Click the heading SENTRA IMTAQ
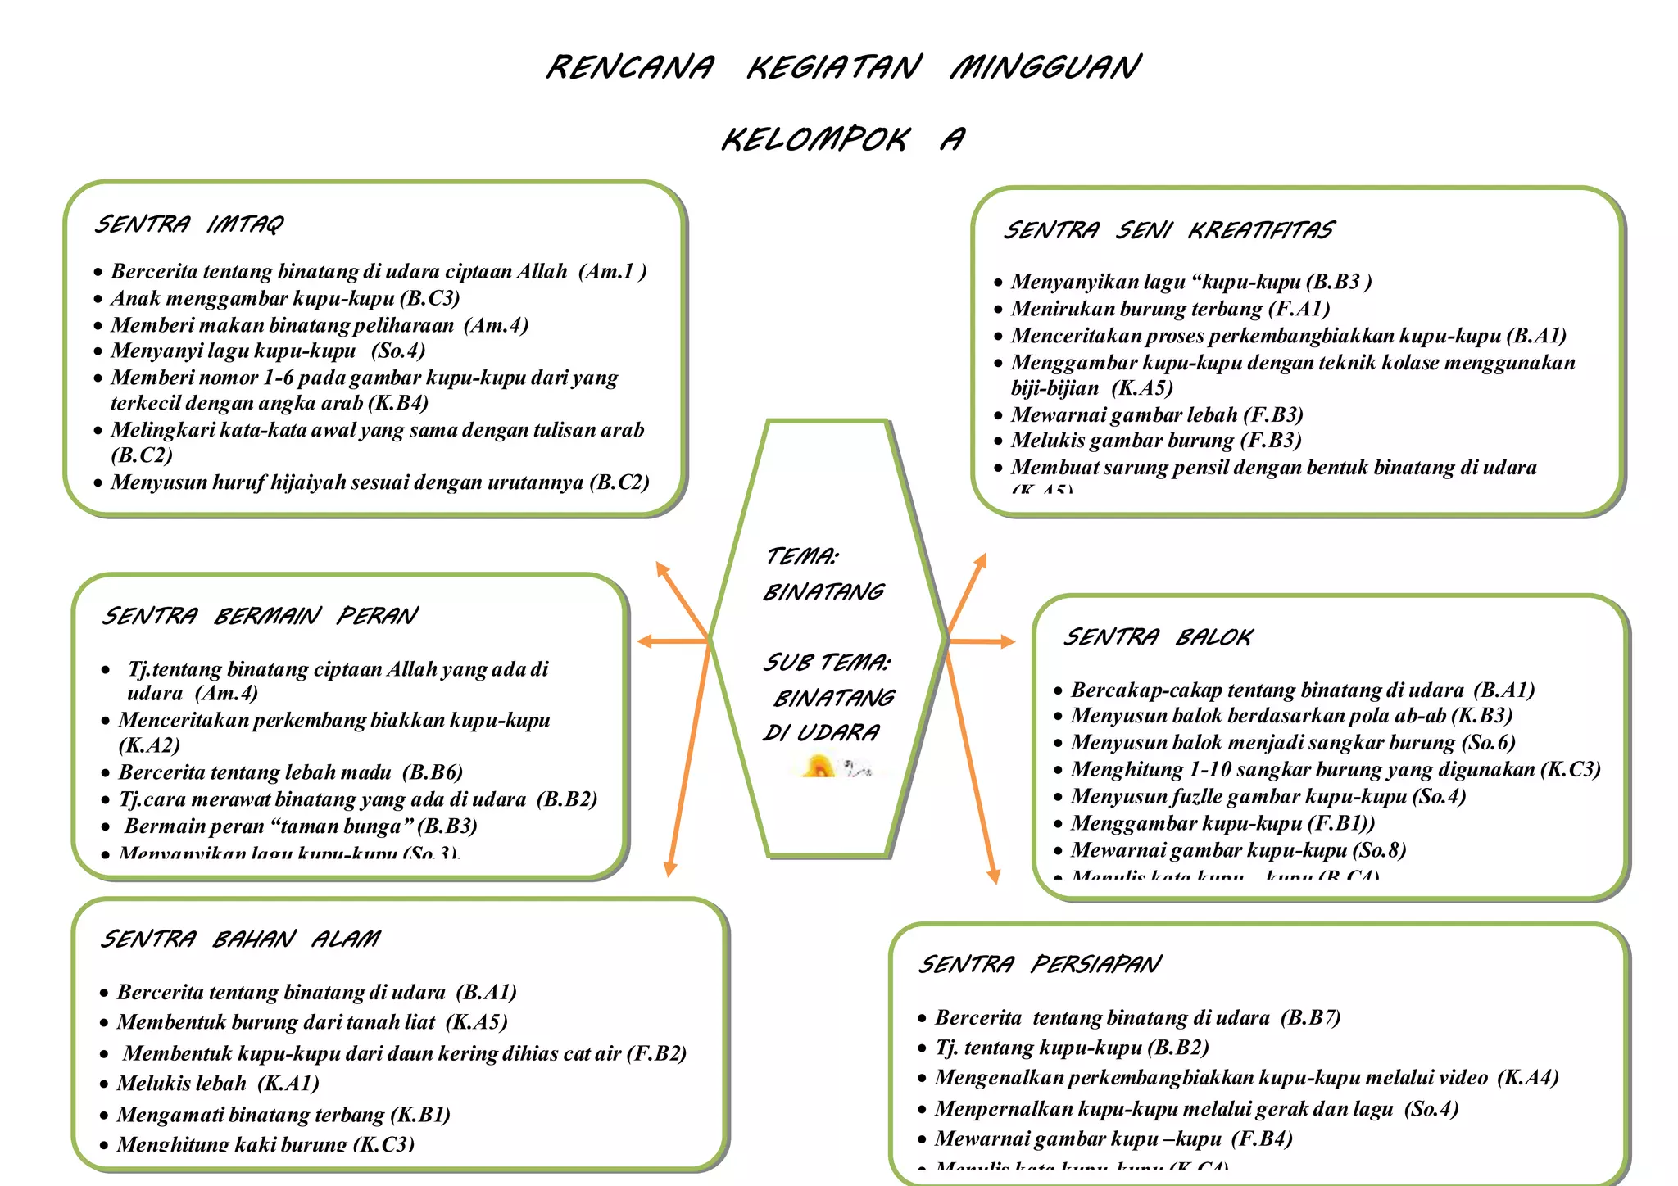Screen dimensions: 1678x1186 (x=189, y=224)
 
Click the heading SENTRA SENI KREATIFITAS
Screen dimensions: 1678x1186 (x=1169, y=230)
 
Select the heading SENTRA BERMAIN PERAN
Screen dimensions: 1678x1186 (x=260, y=615)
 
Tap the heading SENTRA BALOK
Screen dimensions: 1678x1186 (x=1158, y=636)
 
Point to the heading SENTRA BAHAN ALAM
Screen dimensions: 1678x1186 (x=240, y=938)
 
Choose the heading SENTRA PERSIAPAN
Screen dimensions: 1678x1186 (x=1039, y=964)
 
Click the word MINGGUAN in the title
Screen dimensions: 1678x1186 (x=1045, y=66)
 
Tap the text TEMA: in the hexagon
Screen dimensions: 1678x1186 (x=801, y=556)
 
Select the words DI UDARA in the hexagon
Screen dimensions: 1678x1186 (x=821, y=732)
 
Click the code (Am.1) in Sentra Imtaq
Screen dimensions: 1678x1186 (x=612, y=271)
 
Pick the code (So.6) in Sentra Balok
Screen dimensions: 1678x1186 (x=1489, y=742)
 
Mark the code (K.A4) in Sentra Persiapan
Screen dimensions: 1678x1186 (x=1527, y=1077)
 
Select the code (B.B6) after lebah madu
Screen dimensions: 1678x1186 (x=433, y=772)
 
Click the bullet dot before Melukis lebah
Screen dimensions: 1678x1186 (x=104, y=1084)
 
